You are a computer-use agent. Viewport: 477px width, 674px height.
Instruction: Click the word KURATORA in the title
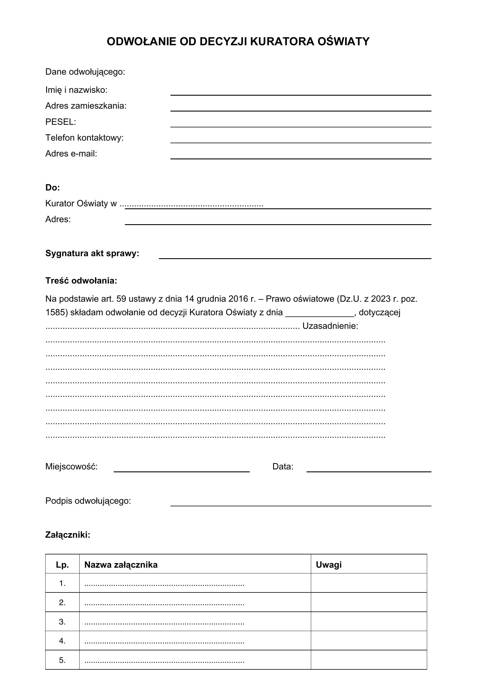282,42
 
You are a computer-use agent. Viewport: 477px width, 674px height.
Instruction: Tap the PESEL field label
61,122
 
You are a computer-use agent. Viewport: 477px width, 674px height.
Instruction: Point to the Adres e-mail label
71,154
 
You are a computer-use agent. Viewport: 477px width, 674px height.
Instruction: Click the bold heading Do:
52,188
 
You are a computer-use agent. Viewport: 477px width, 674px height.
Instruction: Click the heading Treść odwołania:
81,281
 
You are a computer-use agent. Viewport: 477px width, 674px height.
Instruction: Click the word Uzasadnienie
330,326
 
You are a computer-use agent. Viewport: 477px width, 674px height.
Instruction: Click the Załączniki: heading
67,535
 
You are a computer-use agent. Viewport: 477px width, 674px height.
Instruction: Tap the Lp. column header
62,565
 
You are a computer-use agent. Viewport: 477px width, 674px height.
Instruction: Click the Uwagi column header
328,565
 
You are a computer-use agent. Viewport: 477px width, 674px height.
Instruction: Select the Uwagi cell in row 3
369,622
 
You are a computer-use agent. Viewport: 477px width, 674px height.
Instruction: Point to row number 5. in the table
62,660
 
